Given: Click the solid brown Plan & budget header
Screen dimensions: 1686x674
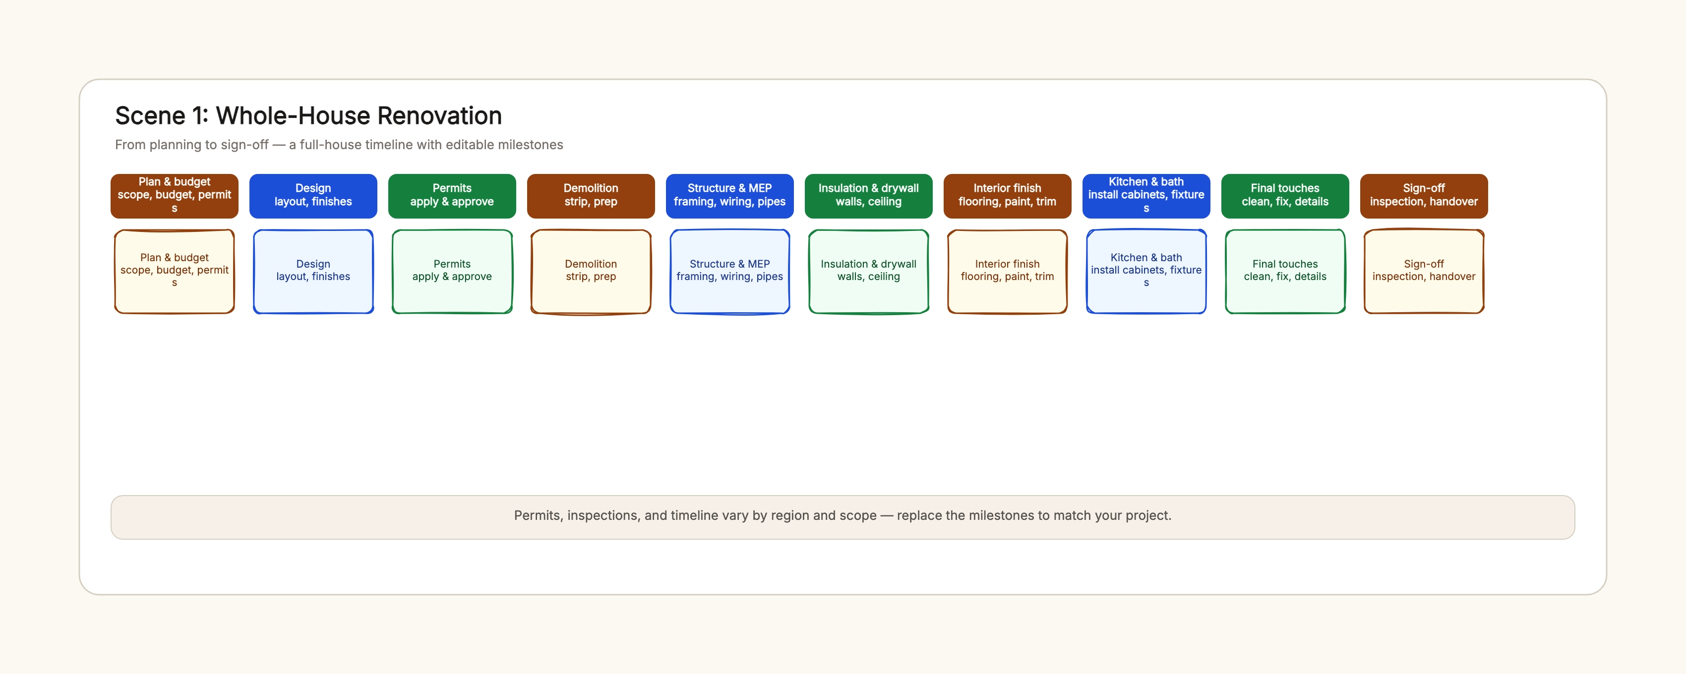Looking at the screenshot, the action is coord(174,196).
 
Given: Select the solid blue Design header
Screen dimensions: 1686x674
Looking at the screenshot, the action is coord(313,196).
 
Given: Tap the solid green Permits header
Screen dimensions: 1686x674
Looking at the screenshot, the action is coord(452,196).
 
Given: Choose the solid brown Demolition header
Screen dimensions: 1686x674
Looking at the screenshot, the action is coord(591,196).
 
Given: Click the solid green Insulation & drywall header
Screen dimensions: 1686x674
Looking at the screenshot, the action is coord(868,196).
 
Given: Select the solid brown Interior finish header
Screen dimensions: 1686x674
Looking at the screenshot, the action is coord(1007,196).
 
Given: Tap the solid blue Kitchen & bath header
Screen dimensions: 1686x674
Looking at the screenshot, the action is coord(1146,196).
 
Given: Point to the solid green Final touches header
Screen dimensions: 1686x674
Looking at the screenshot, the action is coord(1285,196).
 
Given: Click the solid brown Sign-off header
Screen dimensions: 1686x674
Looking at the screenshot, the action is coord(1424,196).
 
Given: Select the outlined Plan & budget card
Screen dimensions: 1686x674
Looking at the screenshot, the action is coord(174,271).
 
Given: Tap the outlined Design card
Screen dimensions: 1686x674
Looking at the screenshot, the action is coord(313,271).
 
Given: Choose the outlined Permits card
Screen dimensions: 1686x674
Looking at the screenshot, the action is coord(452,271).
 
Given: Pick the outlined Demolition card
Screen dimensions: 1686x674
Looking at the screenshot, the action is coord(591,271).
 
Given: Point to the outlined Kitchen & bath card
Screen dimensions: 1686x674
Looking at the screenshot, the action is coord(1146,271).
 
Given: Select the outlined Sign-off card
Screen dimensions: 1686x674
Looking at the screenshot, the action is coord(1424,271).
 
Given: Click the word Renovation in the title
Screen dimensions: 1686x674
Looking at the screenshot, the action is coord(439,116).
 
